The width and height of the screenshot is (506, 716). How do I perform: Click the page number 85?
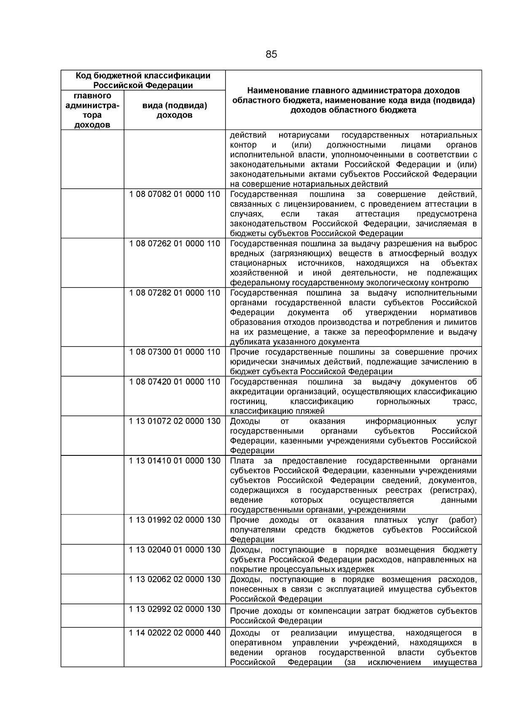click(271, 54)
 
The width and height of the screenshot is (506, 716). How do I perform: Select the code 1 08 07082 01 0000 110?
click(175, 194)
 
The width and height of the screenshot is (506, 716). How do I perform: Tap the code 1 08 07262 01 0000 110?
click(175, 244)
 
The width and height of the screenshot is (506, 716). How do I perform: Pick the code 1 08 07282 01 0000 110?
click(175, 293)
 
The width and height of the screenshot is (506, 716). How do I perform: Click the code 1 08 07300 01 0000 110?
click(175, 352)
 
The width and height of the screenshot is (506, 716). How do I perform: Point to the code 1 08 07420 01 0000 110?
click(175, 382)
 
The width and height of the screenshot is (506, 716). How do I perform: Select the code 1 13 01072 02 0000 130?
click(175, 421)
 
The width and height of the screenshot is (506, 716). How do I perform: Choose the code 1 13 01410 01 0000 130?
click(175, 461)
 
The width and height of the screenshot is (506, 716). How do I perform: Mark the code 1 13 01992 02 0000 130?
click(175, 520)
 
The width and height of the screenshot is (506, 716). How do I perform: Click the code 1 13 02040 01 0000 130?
click(175, 550)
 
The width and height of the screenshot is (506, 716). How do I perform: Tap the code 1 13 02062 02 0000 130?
click(175, 579)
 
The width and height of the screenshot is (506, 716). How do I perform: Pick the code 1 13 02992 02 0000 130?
click(175, 609)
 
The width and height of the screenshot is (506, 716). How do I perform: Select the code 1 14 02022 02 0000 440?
click(175, 633)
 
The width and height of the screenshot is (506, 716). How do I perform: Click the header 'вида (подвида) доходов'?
click(175, 110)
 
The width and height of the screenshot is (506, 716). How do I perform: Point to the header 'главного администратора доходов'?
click(92, 110)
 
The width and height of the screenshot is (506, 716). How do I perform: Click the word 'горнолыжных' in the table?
click(403, 401)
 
